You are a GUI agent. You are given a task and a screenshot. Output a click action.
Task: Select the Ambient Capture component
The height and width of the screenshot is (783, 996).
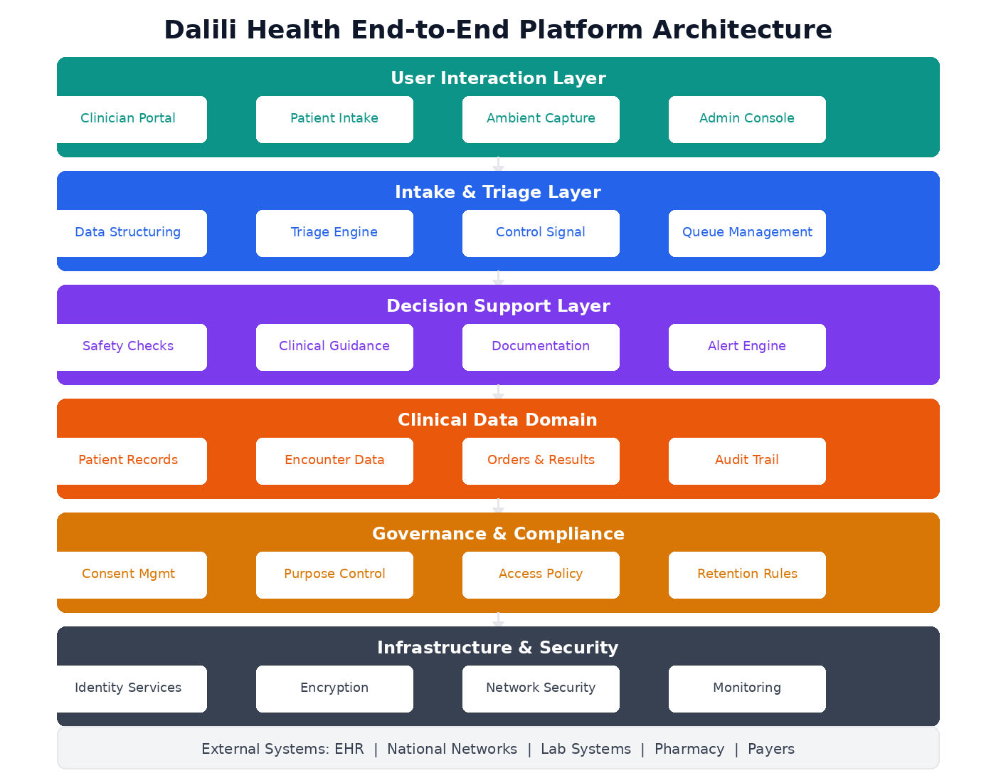(541, 119)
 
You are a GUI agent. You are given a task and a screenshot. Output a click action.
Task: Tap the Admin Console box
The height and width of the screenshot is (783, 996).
(747, 119)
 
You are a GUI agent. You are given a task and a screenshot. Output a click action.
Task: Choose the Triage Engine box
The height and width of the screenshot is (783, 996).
(334, 233)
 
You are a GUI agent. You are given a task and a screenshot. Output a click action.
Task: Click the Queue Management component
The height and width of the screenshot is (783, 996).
(747, 233)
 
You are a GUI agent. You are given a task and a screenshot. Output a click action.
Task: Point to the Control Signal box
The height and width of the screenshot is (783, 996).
(541, 233)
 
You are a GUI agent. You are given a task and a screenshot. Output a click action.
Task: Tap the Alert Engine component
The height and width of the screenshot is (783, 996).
(747, 347)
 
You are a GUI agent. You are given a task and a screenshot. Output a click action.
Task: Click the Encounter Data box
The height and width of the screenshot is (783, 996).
(334, 461)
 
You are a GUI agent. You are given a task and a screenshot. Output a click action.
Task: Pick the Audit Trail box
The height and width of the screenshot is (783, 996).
(747, 461)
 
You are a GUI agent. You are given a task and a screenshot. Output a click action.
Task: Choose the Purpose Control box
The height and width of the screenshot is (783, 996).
(334, 574)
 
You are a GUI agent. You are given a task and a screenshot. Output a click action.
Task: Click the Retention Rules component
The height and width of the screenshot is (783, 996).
(747, 574)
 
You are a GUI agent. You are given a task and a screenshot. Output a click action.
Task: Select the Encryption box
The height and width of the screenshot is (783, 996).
(334, 688)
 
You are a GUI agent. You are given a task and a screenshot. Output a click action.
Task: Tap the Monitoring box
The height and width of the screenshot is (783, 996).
(747, 688)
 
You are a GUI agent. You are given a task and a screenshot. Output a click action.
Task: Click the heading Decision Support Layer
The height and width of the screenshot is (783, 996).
(498, 306)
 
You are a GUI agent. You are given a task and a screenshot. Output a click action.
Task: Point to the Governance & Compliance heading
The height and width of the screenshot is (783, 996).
(498, 534)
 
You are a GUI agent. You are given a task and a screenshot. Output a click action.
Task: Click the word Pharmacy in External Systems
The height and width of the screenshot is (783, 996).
(689, 749)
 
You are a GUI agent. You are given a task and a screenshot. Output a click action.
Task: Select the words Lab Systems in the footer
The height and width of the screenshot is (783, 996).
(586, 749)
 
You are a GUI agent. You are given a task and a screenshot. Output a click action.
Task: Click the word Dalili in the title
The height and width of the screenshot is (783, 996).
(201, 30)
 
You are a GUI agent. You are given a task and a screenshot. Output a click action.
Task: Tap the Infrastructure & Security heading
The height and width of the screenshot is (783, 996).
(498, 648)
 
